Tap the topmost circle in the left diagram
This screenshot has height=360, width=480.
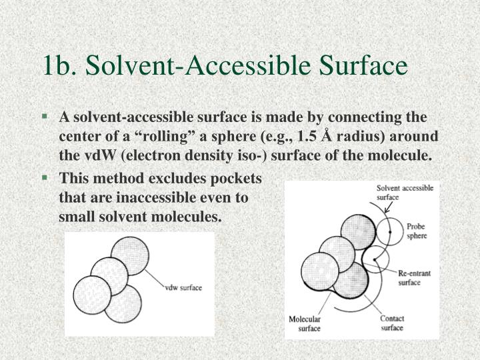pos(130,255)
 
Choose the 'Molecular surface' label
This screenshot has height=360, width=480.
pos(305,323)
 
